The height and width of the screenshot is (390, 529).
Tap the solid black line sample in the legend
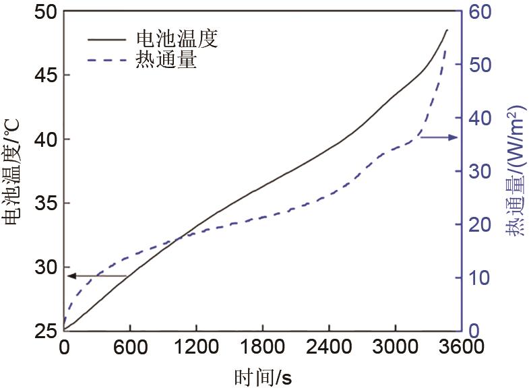point(106,39)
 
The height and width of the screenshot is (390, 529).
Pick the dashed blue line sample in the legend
point(106,61)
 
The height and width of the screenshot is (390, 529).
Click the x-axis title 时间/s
point(263,377)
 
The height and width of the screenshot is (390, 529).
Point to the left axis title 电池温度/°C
point(12,172)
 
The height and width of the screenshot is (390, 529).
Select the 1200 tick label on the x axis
point(195,348)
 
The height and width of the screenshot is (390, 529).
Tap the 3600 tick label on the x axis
point(460,348)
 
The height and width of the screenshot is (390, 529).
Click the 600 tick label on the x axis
point(129,348)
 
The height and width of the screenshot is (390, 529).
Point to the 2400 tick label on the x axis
point(328,348)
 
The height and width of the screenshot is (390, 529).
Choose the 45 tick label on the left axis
point(44,75)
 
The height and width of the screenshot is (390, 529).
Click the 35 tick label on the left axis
point(44,203)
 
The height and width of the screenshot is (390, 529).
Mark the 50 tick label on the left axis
point(44,11)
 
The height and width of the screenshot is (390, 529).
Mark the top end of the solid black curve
point(447,30)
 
